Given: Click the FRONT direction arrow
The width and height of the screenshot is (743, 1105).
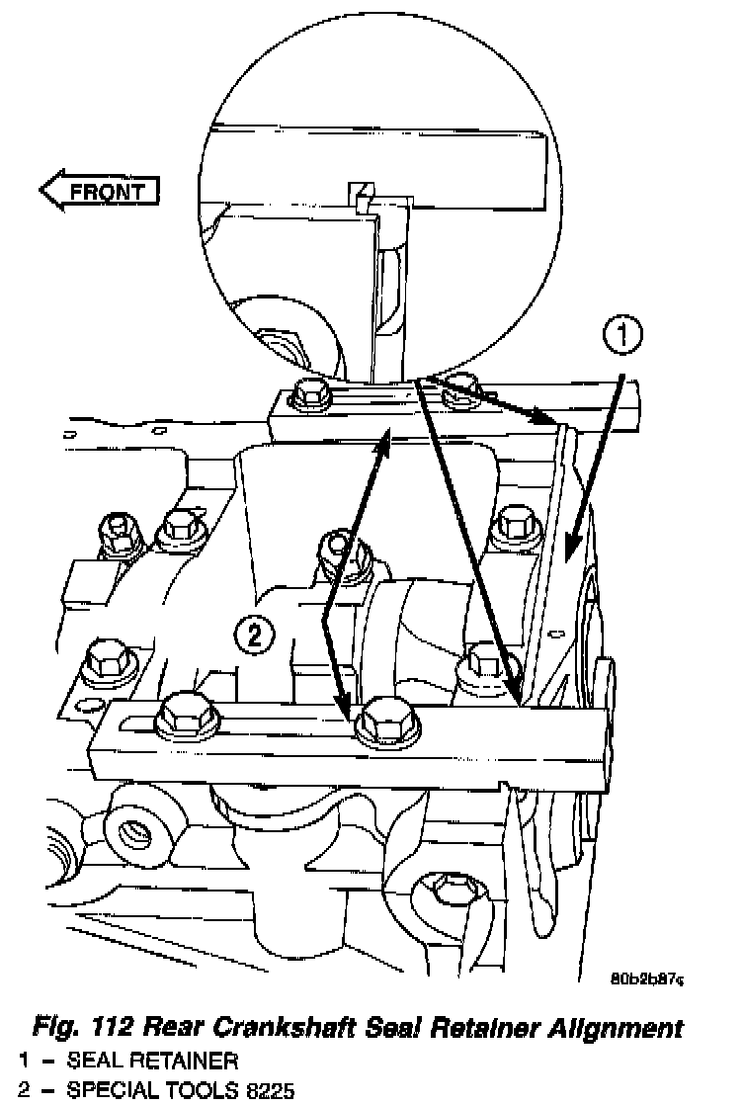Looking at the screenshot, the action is tap(98, 190).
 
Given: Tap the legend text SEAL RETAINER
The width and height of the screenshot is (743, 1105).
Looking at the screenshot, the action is tap(152, 1062).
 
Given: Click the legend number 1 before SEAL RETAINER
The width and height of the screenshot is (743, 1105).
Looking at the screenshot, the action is tap(23, 1062).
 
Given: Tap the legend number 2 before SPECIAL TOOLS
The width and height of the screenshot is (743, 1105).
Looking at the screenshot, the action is tap(23, 1091).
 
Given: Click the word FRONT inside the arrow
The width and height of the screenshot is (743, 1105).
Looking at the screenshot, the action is tap(107, 190).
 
